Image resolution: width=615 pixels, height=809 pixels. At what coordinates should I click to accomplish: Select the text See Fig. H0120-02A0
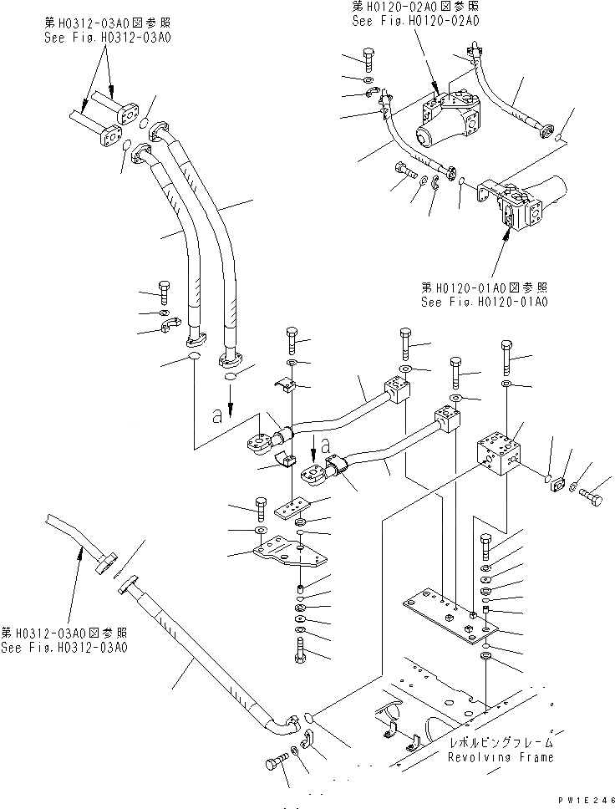tap(415, 21)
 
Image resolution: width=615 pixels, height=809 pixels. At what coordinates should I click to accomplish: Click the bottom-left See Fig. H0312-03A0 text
tap(64, 648)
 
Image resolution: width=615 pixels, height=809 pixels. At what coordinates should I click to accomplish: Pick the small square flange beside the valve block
tap(559, 487)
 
